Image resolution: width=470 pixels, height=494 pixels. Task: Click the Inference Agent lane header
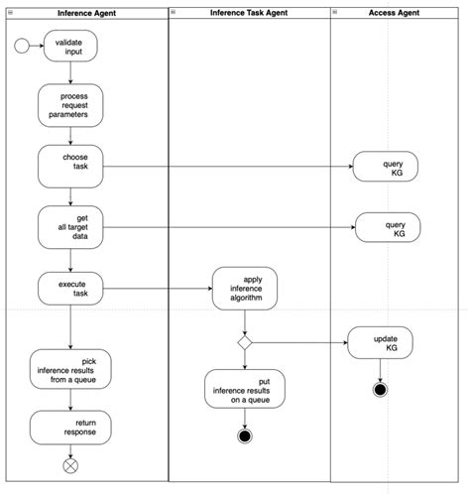86,12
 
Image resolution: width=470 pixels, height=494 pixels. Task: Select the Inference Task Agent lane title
248,12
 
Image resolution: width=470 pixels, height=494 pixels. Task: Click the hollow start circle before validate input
22,46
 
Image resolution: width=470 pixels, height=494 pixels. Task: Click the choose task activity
70,166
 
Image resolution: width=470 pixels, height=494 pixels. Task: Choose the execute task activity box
70,289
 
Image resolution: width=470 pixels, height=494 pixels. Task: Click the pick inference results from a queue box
70,369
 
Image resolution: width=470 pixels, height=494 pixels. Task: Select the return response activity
70,428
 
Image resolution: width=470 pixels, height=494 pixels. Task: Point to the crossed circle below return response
70,464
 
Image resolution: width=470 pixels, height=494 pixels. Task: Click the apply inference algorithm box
244,289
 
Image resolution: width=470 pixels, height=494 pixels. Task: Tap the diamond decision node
244,342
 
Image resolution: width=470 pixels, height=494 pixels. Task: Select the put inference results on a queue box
244,389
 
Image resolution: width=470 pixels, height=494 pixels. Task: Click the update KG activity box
380,343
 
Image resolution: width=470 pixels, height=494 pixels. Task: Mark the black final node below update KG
380,389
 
